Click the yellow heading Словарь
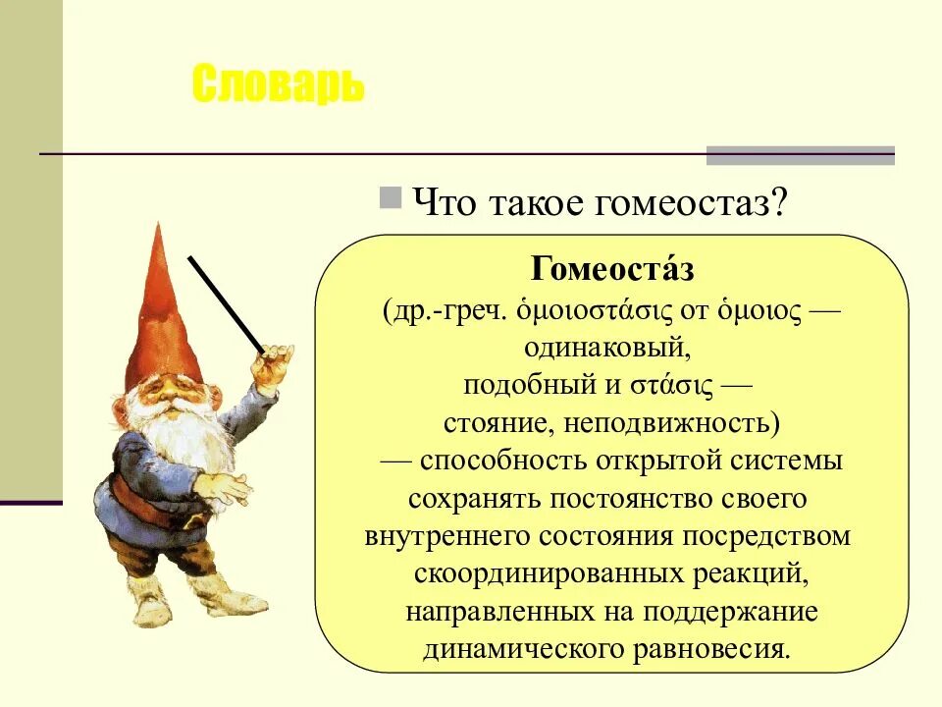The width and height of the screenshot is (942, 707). point(278,86)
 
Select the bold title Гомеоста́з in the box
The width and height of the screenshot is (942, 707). point(612,269)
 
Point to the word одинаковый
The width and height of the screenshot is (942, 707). point(612,348)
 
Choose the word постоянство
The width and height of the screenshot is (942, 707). point(630,499)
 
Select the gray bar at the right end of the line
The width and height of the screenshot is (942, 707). point(800,155)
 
